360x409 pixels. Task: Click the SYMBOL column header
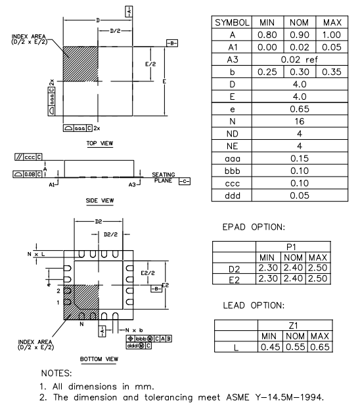click(231, 22)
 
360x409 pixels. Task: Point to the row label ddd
click(231, 195)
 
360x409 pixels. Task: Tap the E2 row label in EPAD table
click(234, 278)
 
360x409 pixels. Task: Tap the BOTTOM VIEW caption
click(99, 359)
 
